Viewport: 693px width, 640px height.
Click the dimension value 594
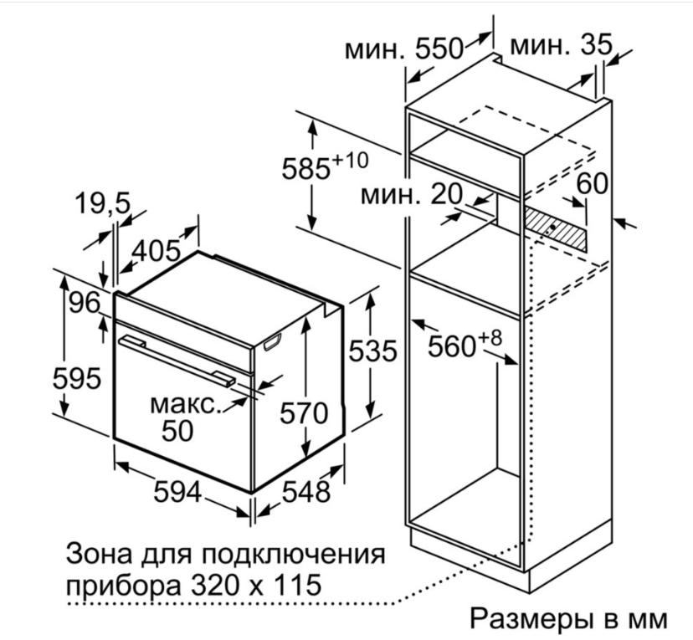point(177,492)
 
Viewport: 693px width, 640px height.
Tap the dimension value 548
point(305,492)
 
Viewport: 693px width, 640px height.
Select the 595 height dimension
point(77,378)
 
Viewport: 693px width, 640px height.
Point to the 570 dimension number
point(304,414)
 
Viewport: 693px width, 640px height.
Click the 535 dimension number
point(373,351)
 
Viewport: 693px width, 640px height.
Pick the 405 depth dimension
point(157,251)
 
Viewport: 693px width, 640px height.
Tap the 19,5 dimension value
point(103,203)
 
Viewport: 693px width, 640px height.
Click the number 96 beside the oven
point(85,303)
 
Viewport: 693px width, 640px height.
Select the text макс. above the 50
point(186,404)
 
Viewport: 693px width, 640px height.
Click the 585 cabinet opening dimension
point(306,169)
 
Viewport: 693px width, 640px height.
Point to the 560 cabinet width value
point(452,346)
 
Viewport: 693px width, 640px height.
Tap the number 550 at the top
point(439,49)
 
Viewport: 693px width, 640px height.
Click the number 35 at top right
point(596,44)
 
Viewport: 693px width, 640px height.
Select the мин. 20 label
point(412,195)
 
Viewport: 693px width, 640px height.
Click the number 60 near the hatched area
point(592,183)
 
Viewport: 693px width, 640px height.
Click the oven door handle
point(177,361)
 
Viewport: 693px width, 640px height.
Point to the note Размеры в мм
point(569,619)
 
